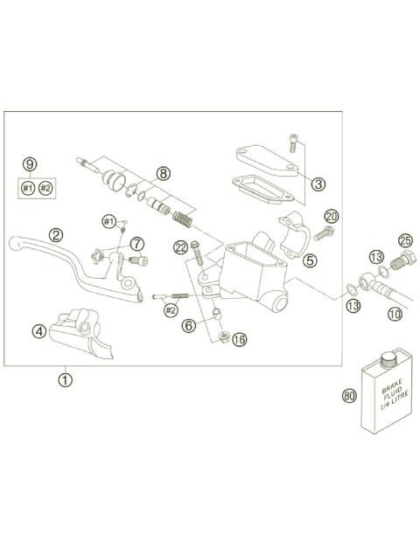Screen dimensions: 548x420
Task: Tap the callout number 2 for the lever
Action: tap(55, 234)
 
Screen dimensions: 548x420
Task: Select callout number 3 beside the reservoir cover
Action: tap(318, 184)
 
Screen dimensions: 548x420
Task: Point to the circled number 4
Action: tap(39, 331)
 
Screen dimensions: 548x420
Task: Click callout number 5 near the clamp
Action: tap(310, 260)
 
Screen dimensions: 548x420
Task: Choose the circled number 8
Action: tap(164, 174)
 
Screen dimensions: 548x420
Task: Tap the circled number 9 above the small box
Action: tap(30, 163)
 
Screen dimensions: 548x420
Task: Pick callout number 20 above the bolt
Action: tap(331, 216)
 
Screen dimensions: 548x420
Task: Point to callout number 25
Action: tap(404, 240)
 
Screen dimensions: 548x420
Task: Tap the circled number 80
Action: tap(350, 396)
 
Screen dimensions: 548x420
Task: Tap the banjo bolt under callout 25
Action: tap(403, 258)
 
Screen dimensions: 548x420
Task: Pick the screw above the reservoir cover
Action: tap(293, 142)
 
